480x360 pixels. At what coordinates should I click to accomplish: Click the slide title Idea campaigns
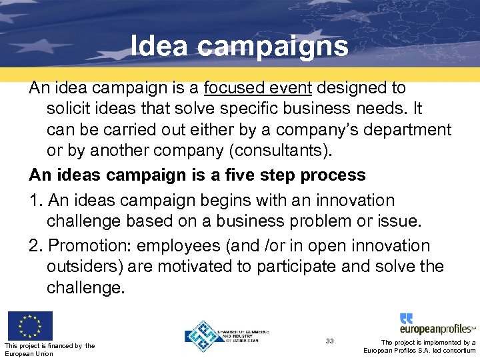pos(239,46)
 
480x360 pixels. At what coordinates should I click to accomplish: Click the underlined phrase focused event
pos(253,87)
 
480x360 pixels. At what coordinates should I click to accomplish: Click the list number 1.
pos(35,200)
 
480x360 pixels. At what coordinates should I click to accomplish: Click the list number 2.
pos(35,245)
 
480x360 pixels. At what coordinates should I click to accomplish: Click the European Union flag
pos(30,325)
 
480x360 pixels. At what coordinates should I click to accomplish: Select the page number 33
pos(330,341)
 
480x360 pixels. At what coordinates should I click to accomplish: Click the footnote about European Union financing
pos(49,349)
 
